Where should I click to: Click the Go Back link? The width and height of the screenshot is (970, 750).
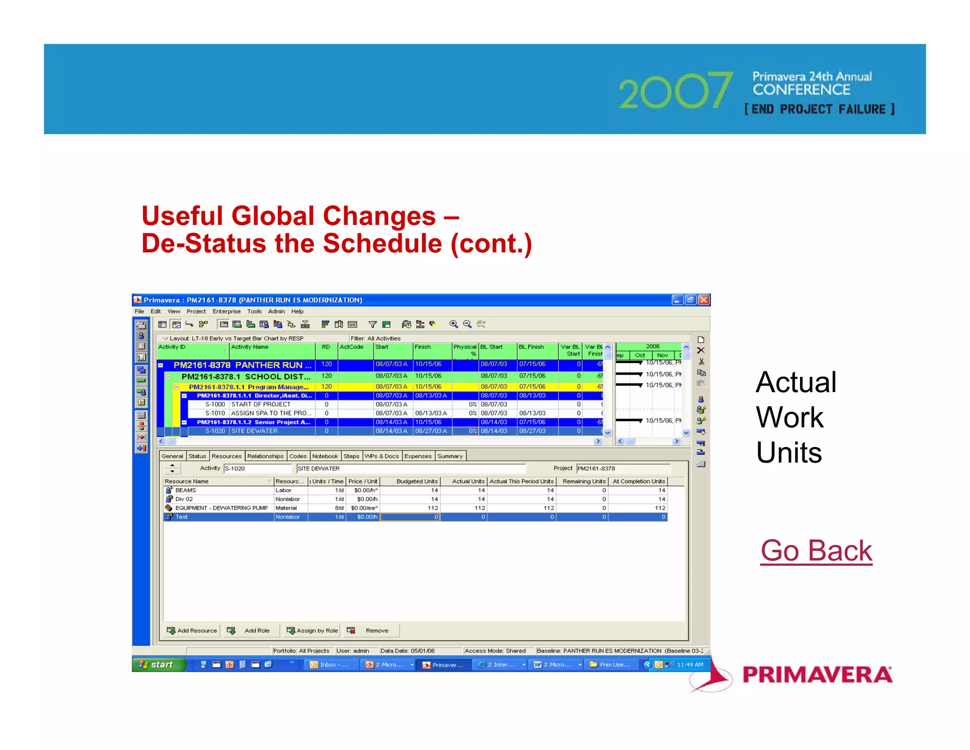point(816,551)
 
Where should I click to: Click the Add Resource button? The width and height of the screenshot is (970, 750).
point(192,631)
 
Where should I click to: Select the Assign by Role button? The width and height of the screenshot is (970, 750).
point(312,631)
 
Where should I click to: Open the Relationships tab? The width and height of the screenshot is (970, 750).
point(265,456)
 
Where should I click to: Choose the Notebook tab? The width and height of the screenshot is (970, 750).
point(325,456)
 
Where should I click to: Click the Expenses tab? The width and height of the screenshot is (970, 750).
point(418,456)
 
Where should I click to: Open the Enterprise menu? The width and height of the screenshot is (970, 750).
point(226,311)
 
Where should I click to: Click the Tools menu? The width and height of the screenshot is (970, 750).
point(254,311)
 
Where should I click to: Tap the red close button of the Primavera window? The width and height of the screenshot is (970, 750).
point(704,300)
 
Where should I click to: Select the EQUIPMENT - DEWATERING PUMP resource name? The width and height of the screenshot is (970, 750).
point(221,508)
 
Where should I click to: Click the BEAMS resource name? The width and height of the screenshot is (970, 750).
point(186,490)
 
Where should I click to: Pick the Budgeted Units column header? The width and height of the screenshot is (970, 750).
point(417,481)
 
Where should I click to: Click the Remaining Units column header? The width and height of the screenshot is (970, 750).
point(584,481)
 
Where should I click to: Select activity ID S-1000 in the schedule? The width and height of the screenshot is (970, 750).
point(215,404)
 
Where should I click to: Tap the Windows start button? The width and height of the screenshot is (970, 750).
point(156,665)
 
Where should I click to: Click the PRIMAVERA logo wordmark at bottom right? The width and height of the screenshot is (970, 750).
point(817,675)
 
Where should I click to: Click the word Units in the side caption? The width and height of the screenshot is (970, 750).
point(789,452)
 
